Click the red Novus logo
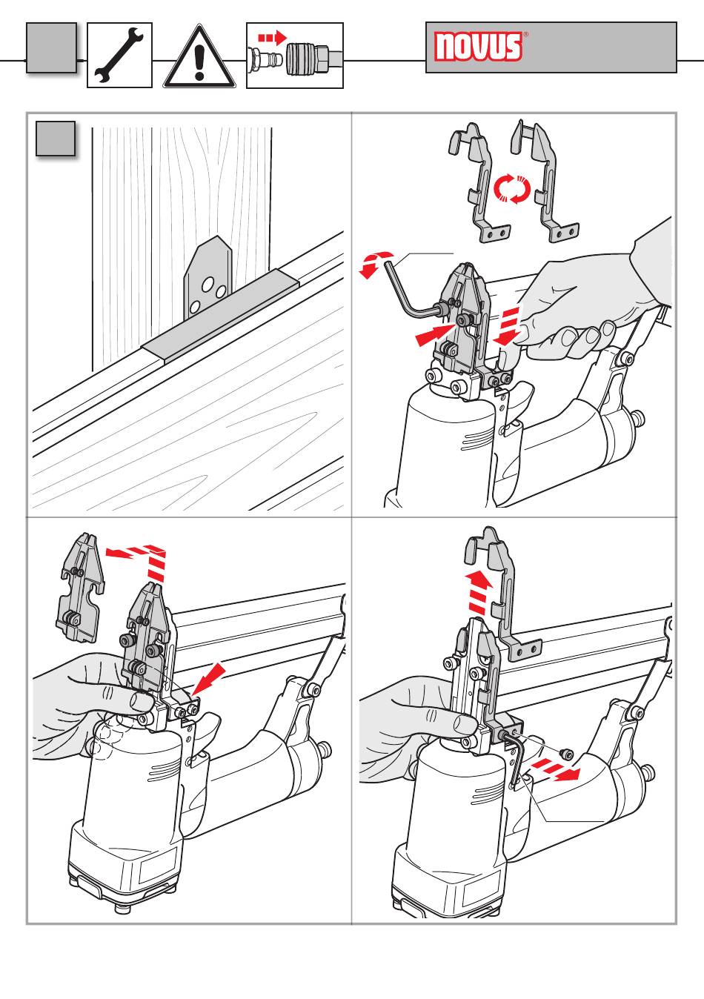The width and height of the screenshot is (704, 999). pos(479,46)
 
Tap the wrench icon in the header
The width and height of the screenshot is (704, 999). pos(119,55)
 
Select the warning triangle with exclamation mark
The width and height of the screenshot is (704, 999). pos(199,56)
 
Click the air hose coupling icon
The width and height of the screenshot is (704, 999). pos(295,56)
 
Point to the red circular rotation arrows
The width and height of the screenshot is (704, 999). pos(512,189)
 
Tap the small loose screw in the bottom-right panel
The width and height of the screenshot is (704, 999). pos(566,753)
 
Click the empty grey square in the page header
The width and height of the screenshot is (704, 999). pos(51,47)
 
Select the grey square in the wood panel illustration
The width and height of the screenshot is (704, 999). pos(56,139)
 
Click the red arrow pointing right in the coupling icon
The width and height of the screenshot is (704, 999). pos(272,38)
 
